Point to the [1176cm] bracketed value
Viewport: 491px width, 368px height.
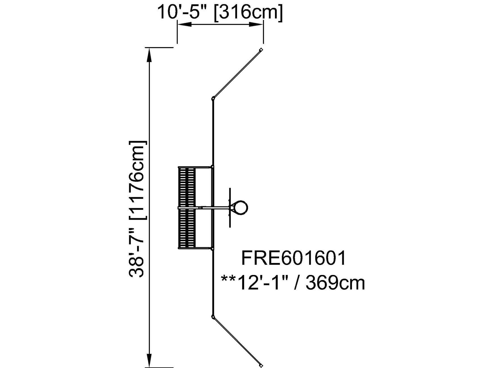(138, 180)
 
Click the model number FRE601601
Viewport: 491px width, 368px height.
(293, 258)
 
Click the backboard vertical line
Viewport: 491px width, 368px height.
(230, 207)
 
